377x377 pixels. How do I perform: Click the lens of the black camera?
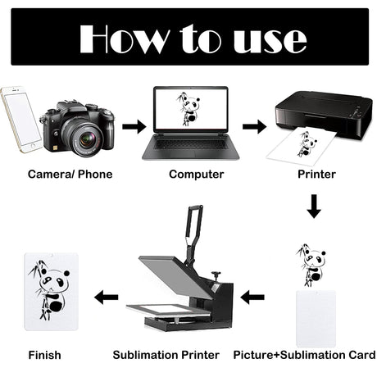pos(86,139)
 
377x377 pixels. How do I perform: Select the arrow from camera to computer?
pos(134,126)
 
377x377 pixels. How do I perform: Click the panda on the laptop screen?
pos(188,109)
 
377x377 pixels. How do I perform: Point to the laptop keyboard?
pos(190,143)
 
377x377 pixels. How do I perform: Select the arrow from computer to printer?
pos(254,126)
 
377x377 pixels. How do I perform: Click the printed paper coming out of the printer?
pos(302,145)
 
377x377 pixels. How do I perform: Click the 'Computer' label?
pos(196,175)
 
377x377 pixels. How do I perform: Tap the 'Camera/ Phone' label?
pos(70,175)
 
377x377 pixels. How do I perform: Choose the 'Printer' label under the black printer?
pos(316,175)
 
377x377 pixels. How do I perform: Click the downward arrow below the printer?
pos(314,207)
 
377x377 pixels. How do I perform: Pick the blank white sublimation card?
pos(316,319)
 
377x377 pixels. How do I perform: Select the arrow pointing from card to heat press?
pos(252,297)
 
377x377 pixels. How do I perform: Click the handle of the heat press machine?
pos(193,229)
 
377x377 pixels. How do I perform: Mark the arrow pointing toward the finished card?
pos(106,297)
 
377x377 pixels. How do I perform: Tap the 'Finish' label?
pos(44,355)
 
